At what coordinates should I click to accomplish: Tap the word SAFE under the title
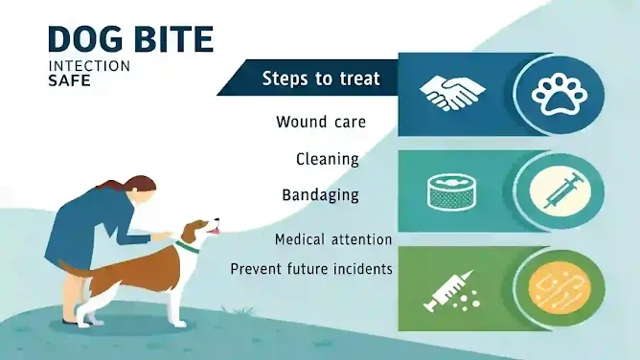pos(69,82)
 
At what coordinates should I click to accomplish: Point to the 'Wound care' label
pos(320,122)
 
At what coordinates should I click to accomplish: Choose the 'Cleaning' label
pos(327,158)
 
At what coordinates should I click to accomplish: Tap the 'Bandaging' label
pos(320,194)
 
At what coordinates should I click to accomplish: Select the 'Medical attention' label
pos(332,238)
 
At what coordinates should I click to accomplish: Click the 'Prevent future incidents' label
pos(311,269)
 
